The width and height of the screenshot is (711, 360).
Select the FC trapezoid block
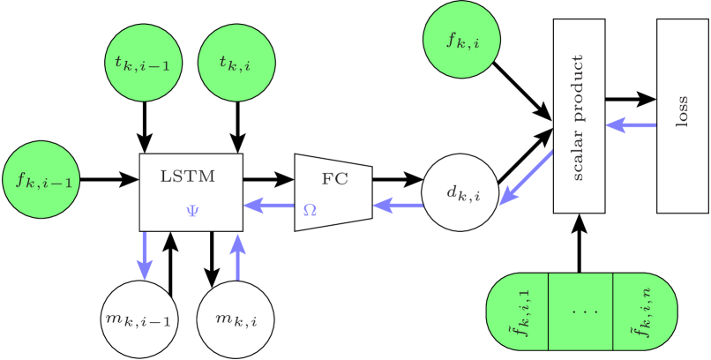point(333,191)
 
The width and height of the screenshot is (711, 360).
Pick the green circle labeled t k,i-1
point(143,63)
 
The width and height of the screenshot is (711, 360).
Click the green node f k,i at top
point(461,41)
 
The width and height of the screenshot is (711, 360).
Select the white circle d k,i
point(460,191)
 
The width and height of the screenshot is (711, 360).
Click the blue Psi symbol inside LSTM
point(192,213)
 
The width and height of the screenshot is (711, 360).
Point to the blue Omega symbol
point(310,210)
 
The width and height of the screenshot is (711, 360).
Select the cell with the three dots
point(580,311)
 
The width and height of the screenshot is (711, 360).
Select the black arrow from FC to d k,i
point(397,179)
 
